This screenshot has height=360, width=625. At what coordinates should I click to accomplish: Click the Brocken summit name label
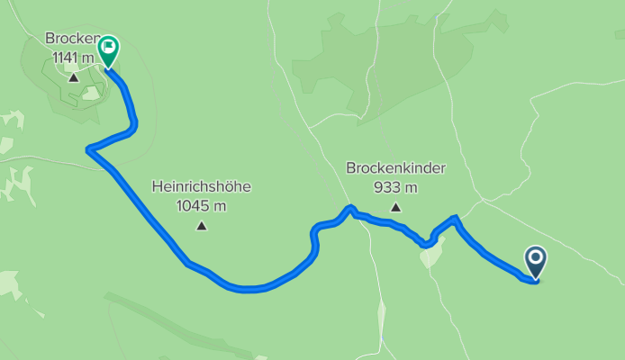69,39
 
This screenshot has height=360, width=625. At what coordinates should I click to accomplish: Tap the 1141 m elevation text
71,57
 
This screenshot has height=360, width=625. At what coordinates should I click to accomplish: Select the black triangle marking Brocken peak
73,77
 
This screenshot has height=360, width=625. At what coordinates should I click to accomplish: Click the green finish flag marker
108,50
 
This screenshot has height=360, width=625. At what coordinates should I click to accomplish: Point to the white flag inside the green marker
108,46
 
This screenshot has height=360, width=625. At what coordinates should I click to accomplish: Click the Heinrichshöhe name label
201,187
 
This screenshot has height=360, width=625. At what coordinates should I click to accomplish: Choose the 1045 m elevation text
201,205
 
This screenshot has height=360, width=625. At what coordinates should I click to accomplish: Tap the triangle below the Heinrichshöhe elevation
201,226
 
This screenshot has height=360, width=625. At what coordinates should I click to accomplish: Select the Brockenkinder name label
395,168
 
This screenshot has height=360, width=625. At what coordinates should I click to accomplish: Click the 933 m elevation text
395,187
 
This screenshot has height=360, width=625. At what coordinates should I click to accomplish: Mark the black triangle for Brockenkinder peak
395,208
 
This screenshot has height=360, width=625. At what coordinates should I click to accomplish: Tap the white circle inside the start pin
536,259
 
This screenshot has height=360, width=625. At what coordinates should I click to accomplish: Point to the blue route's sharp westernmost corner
88,149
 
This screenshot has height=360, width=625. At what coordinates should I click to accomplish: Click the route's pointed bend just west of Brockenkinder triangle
349,209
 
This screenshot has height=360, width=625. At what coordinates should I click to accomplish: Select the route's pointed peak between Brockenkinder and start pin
456,218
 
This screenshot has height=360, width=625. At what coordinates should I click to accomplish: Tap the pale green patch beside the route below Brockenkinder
433,254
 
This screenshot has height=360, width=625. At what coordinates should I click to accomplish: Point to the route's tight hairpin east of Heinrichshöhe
314,236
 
